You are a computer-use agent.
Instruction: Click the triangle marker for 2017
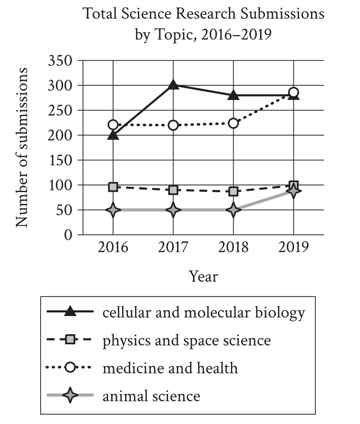pyautogui.click(x=173, y=84)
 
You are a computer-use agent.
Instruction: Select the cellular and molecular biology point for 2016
pyautogui.click(x=113, y=135)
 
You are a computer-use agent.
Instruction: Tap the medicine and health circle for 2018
pyautogui.click(x=234, y=123)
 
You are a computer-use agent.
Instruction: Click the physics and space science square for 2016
pyautogui.click(x=113, y=186)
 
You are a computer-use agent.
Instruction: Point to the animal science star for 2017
pyautogui.click(x=173, y=210)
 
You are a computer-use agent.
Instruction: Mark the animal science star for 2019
pyautogui.click(x=294, y=192)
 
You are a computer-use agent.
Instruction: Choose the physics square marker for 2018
pyautogui.click(x=234, y=191)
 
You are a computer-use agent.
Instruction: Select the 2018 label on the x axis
pyautogui.click(x=234, y=247)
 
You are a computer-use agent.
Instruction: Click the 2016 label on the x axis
pyautogui.click(x=113, y=247)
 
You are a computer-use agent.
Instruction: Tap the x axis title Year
pyautogui.click(x=203, y=276)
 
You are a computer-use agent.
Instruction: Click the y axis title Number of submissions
pyautogui.click(x=22, y=147)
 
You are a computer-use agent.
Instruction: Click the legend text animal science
pyautogui.click(x=151, y=396)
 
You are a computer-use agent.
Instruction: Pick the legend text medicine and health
pyautogui.click(x=170, y=368)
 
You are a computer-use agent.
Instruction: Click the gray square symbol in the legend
pyautogui.click(x=70, y=340)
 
